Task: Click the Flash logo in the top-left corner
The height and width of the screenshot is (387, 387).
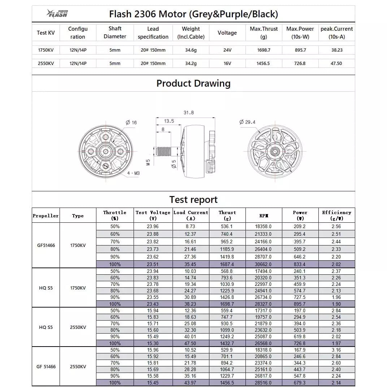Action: (x=57, y=14)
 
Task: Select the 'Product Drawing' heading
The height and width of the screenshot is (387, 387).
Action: (x=193, y=83)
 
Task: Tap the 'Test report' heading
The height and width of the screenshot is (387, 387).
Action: (x=193, y=200)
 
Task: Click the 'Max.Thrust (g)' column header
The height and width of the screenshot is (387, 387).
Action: (x=264, y=32)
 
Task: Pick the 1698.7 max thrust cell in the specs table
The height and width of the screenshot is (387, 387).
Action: (x=264, y=50)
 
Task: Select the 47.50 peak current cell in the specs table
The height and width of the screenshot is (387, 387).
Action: (x=336, y=63)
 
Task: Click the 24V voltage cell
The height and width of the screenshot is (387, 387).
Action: (x=227, y=50)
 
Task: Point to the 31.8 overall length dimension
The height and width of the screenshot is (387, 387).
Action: (x=188, y=113)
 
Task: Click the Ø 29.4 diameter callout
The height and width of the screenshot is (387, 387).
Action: (x=247, y=122)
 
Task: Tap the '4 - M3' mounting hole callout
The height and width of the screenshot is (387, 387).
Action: (x=133, y=173)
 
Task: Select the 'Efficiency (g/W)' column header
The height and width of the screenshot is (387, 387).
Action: (x=336, y=215)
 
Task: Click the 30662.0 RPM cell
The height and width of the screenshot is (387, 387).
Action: (x=264, y=264)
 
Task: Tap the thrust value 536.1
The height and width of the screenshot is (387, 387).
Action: (x=227, y=226)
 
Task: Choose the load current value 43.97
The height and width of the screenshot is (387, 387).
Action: (x=191, y=383)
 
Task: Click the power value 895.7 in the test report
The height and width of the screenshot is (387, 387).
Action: (x=300, y=304)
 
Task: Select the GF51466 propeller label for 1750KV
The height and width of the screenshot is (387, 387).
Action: (x=46, y=245)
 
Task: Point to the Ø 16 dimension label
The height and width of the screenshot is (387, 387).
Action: (x=131, y=123)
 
